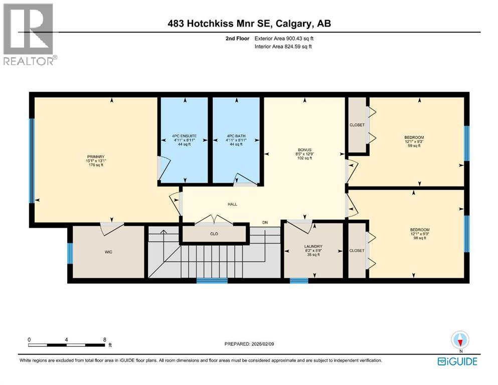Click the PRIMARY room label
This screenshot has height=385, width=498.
tap(95, 156)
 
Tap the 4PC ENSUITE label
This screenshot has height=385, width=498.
tap(184, 136)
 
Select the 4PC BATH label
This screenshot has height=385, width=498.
tap(235, 136)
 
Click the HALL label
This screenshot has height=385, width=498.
tap(232, 204)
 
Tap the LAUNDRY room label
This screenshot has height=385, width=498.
tap(313, 246)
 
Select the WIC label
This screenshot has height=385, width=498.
tap(108, 252)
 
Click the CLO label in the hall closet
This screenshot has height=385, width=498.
tap(214, 234)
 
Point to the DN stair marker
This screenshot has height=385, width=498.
tap(265, 223)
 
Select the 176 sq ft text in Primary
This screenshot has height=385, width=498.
tap(95, 165)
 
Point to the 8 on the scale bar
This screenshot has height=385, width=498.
tap(104, 339)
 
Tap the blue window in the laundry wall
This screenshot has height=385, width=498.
tap(299, 280)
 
